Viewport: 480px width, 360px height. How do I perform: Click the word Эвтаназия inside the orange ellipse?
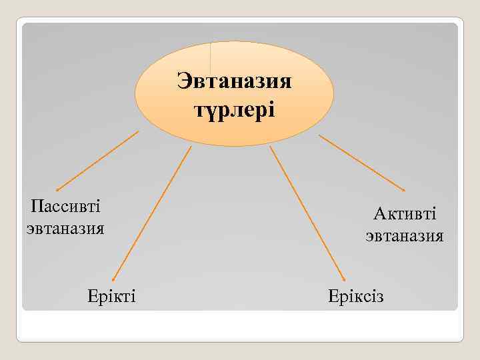pos(234,82)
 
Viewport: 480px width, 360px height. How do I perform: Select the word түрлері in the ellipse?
pos(234,108)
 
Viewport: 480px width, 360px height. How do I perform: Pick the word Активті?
pos(405,213)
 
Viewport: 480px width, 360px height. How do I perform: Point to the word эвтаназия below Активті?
pos(405,236)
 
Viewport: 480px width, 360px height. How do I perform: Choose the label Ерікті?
pos(111,295)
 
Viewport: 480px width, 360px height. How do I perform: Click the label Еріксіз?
pos(356,295)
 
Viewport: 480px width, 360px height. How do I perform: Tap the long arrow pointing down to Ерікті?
pos(151,213)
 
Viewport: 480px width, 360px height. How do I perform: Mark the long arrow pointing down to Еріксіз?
pos(307,213)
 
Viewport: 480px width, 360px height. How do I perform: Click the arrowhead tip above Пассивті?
pos(57,191)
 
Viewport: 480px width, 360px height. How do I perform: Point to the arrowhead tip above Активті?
pos(404,191)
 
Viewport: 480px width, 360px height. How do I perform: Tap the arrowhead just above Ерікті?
pos(113,280)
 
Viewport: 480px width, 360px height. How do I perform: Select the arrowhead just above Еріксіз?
pos(344,280)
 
